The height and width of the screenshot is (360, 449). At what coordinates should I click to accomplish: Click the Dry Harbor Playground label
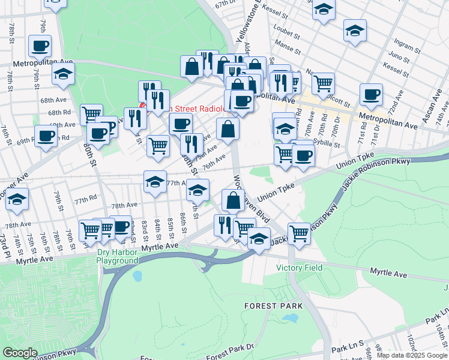(117, 257)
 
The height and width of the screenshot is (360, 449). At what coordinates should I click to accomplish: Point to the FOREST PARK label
(268, 305)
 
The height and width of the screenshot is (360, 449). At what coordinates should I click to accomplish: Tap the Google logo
(20, 353)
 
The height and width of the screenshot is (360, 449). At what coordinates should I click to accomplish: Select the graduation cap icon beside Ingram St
(355, 31)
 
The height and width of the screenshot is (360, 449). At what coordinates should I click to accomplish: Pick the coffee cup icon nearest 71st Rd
(371, 94)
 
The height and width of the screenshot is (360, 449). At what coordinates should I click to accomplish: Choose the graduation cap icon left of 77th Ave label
(155, 182)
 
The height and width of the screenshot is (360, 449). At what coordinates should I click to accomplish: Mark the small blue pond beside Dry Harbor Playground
(137, 276)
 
